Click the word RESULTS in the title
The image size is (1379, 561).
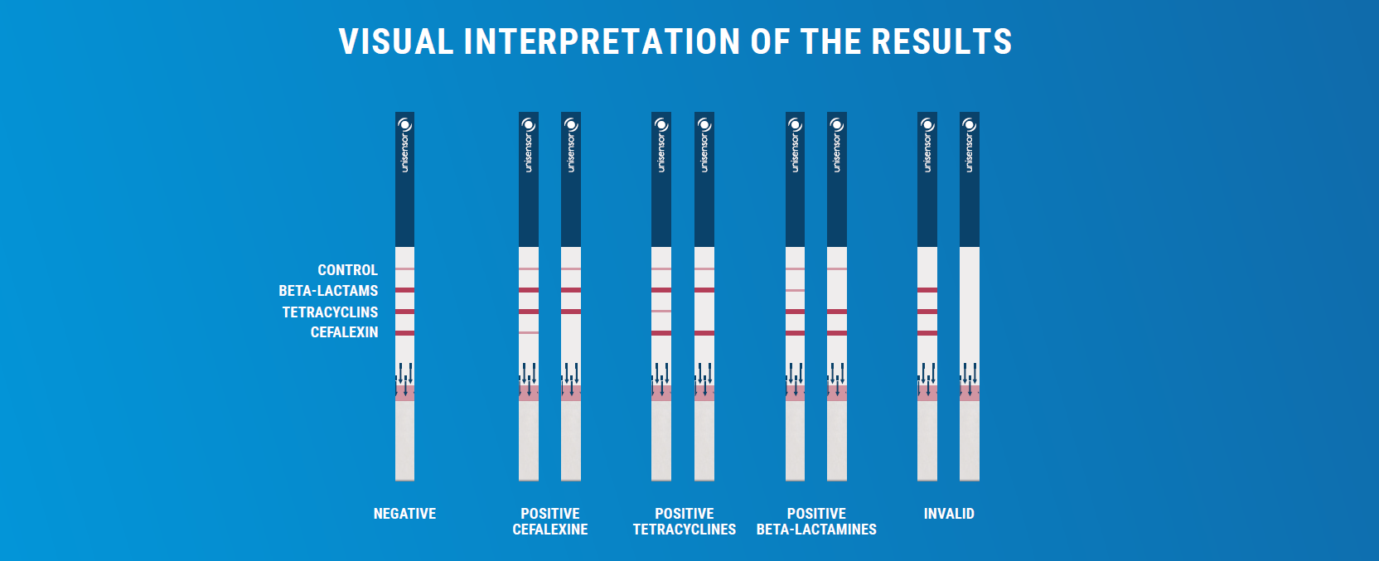click(941, 42)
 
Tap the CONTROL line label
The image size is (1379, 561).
click(348, 269)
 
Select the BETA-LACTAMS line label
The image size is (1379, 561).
click(328, 291)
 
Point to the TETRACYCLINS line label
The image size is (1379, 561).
click(330, 312)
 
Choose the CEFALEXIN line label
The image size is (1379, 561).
click(344, 332)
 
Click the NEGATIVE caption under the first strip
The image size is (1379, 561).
click(404, 514)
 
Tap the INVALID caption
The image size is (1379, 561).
click(949, 514)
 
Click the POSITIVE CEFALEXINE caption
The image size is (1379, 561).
click(549, 521)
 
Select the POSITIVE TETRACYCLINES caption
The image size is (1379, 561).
click(684, 521)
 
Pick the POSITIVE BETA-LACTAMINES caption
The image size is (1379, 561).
click(816, 521)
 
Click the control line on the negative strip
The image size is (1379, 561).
click(404, 269)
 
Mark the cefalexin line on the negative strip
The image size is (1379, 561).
click(404, 333)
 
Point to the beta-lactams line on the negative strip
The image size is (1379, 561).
click(404, 290)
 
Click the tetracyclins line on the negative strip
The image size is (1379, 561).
click(404, 312)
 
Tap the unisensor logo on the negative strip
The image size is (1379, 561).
click(404, 145)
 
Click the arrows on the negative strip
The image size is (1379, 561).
click(404, 379)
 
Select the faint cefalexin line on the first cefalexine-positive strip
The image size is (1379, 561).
click(529, 333)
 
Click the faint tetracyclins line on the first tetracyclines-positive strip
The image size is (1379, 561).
click(661, 312)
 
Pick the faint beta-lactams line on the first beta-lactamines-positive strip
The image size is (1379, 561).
click(795, 290)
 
